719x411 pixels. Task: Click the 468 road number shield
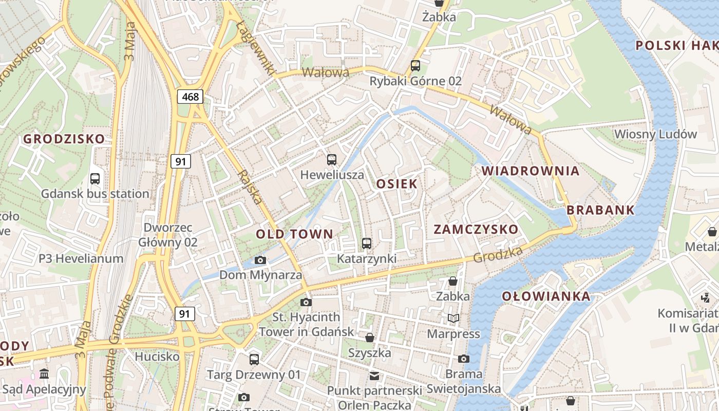[x=191, y=96]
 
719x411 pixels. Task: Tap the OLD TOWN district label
[x=294, y=234]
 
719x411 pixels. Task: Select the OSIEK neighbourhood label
[x=397, y=184]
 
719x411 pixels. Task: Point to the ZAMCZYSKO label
[x=476, y=229]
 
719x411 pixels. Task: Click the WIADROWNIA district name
[x=531, y=171]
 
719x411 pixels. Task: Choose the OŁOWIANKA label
[x=546, y=296]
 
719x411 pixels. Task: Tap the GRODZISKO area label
[x=64, y=139]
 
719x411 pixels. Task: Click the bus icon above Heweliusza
[x=332, y=160]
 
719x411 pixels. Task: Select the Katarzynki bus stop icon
[x=367, y=243]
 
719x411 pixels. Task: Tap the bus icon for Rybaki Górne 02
[x=415, y=66]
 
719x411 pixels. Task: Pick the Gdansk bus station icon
[x=95, y=179]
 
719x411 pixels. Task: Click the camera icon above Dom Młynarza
[x=260, y=260]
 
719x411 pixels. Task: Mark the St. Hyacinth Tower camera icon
[x=306, y=302]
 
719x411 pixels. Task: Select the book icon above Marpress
[x=453, y=319]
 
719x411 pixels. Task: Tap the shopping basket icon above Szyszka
[x=369, y=338]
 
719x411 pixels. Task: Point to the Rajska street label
[x=251, y=187]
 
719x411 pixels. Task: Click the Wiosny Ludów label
[x=656, y=135]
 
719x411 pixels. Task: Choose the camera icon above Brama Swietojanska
[x=464, y=359]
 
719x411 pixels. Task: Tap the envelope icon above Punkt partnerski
[x=374, y=376]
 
